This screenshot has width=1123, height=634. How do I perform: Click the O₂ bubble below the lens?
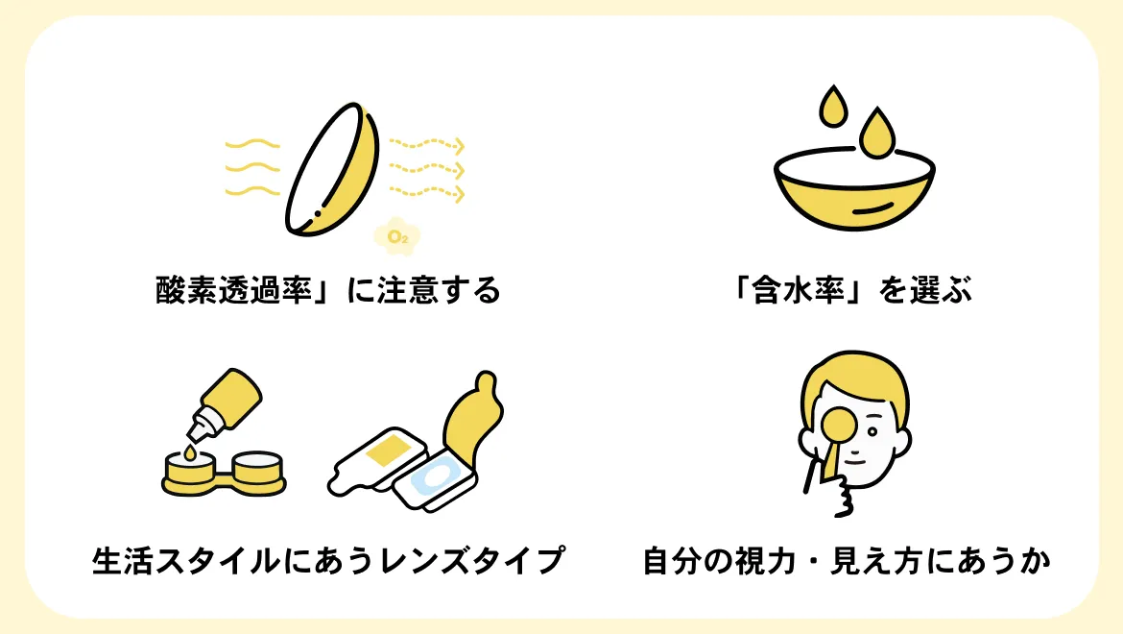pos(396,235)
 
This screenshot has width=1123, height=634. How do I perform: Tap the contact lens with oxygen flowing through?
pos(331,169)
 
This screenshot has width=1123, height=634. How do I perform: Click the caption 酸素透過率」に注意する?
pos(328,290)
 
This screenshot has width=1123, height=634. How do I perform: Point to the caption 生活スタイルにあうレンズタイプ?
pos(328,560)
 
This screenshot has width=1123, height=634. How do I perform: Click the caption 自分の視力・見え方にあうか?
pos(846,560)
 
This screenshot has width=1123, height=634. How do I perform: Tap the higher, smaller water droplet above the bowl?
pos(833,107)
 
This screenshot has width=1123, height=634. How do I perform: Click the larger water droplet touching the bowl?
pos(876,134)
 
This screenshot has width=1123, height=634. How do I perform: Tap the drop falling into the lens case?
pos(190,452)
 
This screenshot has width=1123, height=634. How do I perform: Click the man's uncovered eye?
pos(873,432)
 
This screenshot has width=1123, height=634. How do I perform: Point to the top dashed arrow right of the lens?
pos(427,145)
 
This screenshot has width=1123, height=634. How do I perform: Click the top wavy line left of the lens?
pos(252,145)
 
